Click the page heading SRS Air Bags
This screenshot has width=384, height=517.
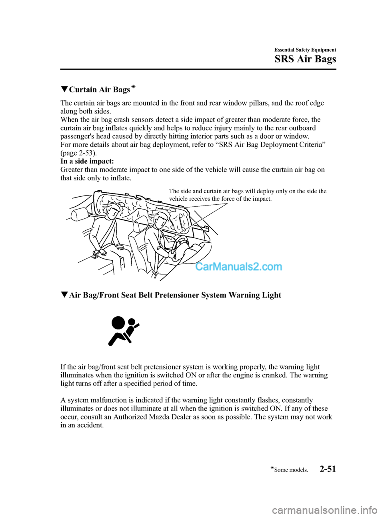pos(305,59)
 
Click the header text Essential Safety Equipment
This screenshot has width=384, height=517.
pos(305,50)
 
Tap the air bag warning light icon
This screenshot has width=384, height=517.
pos(123,331)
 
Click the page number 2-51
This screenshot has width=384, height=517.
pos(328,469)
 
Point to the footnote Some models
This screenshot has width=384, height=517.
pos(291,470)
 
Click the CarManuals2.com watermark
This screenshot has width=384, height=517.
pos(238,267)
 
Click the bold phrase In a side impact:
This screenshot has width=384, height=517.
pos(87,161)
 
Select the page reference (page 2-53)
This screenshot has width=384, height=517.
pos(78,153)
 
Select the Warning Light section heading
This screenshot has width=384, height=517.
pos(175,295)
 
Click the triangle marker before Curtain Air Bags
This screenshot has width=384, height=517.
pos(64,90)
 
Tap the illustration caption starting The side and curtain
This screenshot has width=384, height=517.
pos(248,195)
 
